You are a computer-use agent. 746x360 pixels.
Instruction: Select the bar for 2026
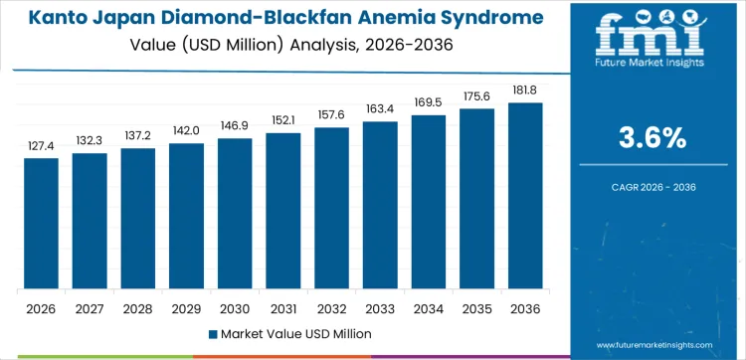point(42,224)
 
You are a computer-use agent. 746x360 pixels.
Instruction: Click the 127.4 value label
point(42,146)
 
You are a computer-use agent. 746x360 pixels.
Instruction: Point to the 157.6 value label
point(332,115)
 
